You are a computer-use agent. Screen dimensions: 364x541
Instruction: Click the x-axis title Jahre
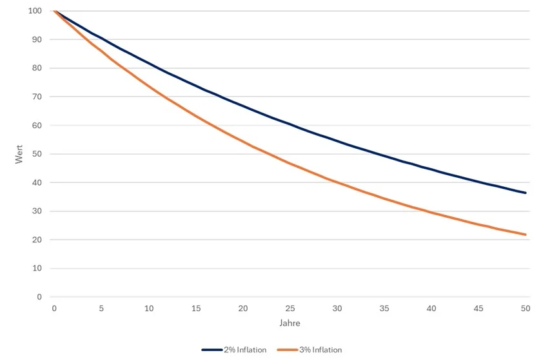pyautogui.click(x=290, y=323)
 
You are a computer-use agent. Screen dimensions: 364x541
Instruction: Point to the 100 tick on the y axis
pyautogui.click(x=35, y=11)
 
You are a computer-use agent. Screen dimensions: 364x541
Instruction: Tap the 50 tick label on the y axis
pyautogui.click(x=37, y=154)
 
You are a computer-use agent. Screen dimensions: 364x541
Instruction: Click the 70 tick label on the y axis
pyautogui.click(x=37, y=97)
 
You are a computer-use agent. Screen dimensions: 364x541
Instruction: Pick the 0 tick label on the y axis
pyautogui.click(x=40, y=297)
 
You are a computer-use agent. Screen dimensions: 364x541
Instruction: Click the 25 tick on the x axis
pyautogui.click(x=290, y=308)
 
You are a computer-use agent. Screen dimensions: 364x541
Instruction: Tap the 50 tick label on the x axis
pyautogui.click(x=526, y=308)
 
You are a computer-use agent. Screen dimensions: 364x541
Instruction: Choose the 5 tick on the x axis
pyautogui.click(x=101, y=308)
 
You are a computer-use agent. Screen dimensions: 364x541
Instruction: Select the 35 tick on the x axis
pyautogui.click(x=384, y=308)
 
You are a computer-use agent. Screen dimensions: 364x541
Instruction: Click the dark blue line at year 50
pyautogui.click(x=526, y=193)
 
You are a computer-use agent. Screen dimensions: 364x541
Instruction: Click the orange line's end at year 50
pyautogui.click(x=526, y=235)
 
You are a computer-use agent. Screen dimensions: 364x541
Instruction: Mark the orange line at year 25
pyautogui.click(x=290, y=164)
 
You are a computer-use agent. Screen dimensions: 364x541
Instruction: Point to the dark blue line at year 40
pyautogui.click(x=431, y=168)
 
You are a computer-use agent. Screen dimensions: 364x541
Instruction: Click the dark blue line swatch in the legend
pyautogui.click(x=212, y=350)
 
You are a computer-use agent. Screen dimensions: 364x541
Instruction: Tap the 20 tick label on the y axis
pyautogui.click(x=37, y=240)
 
